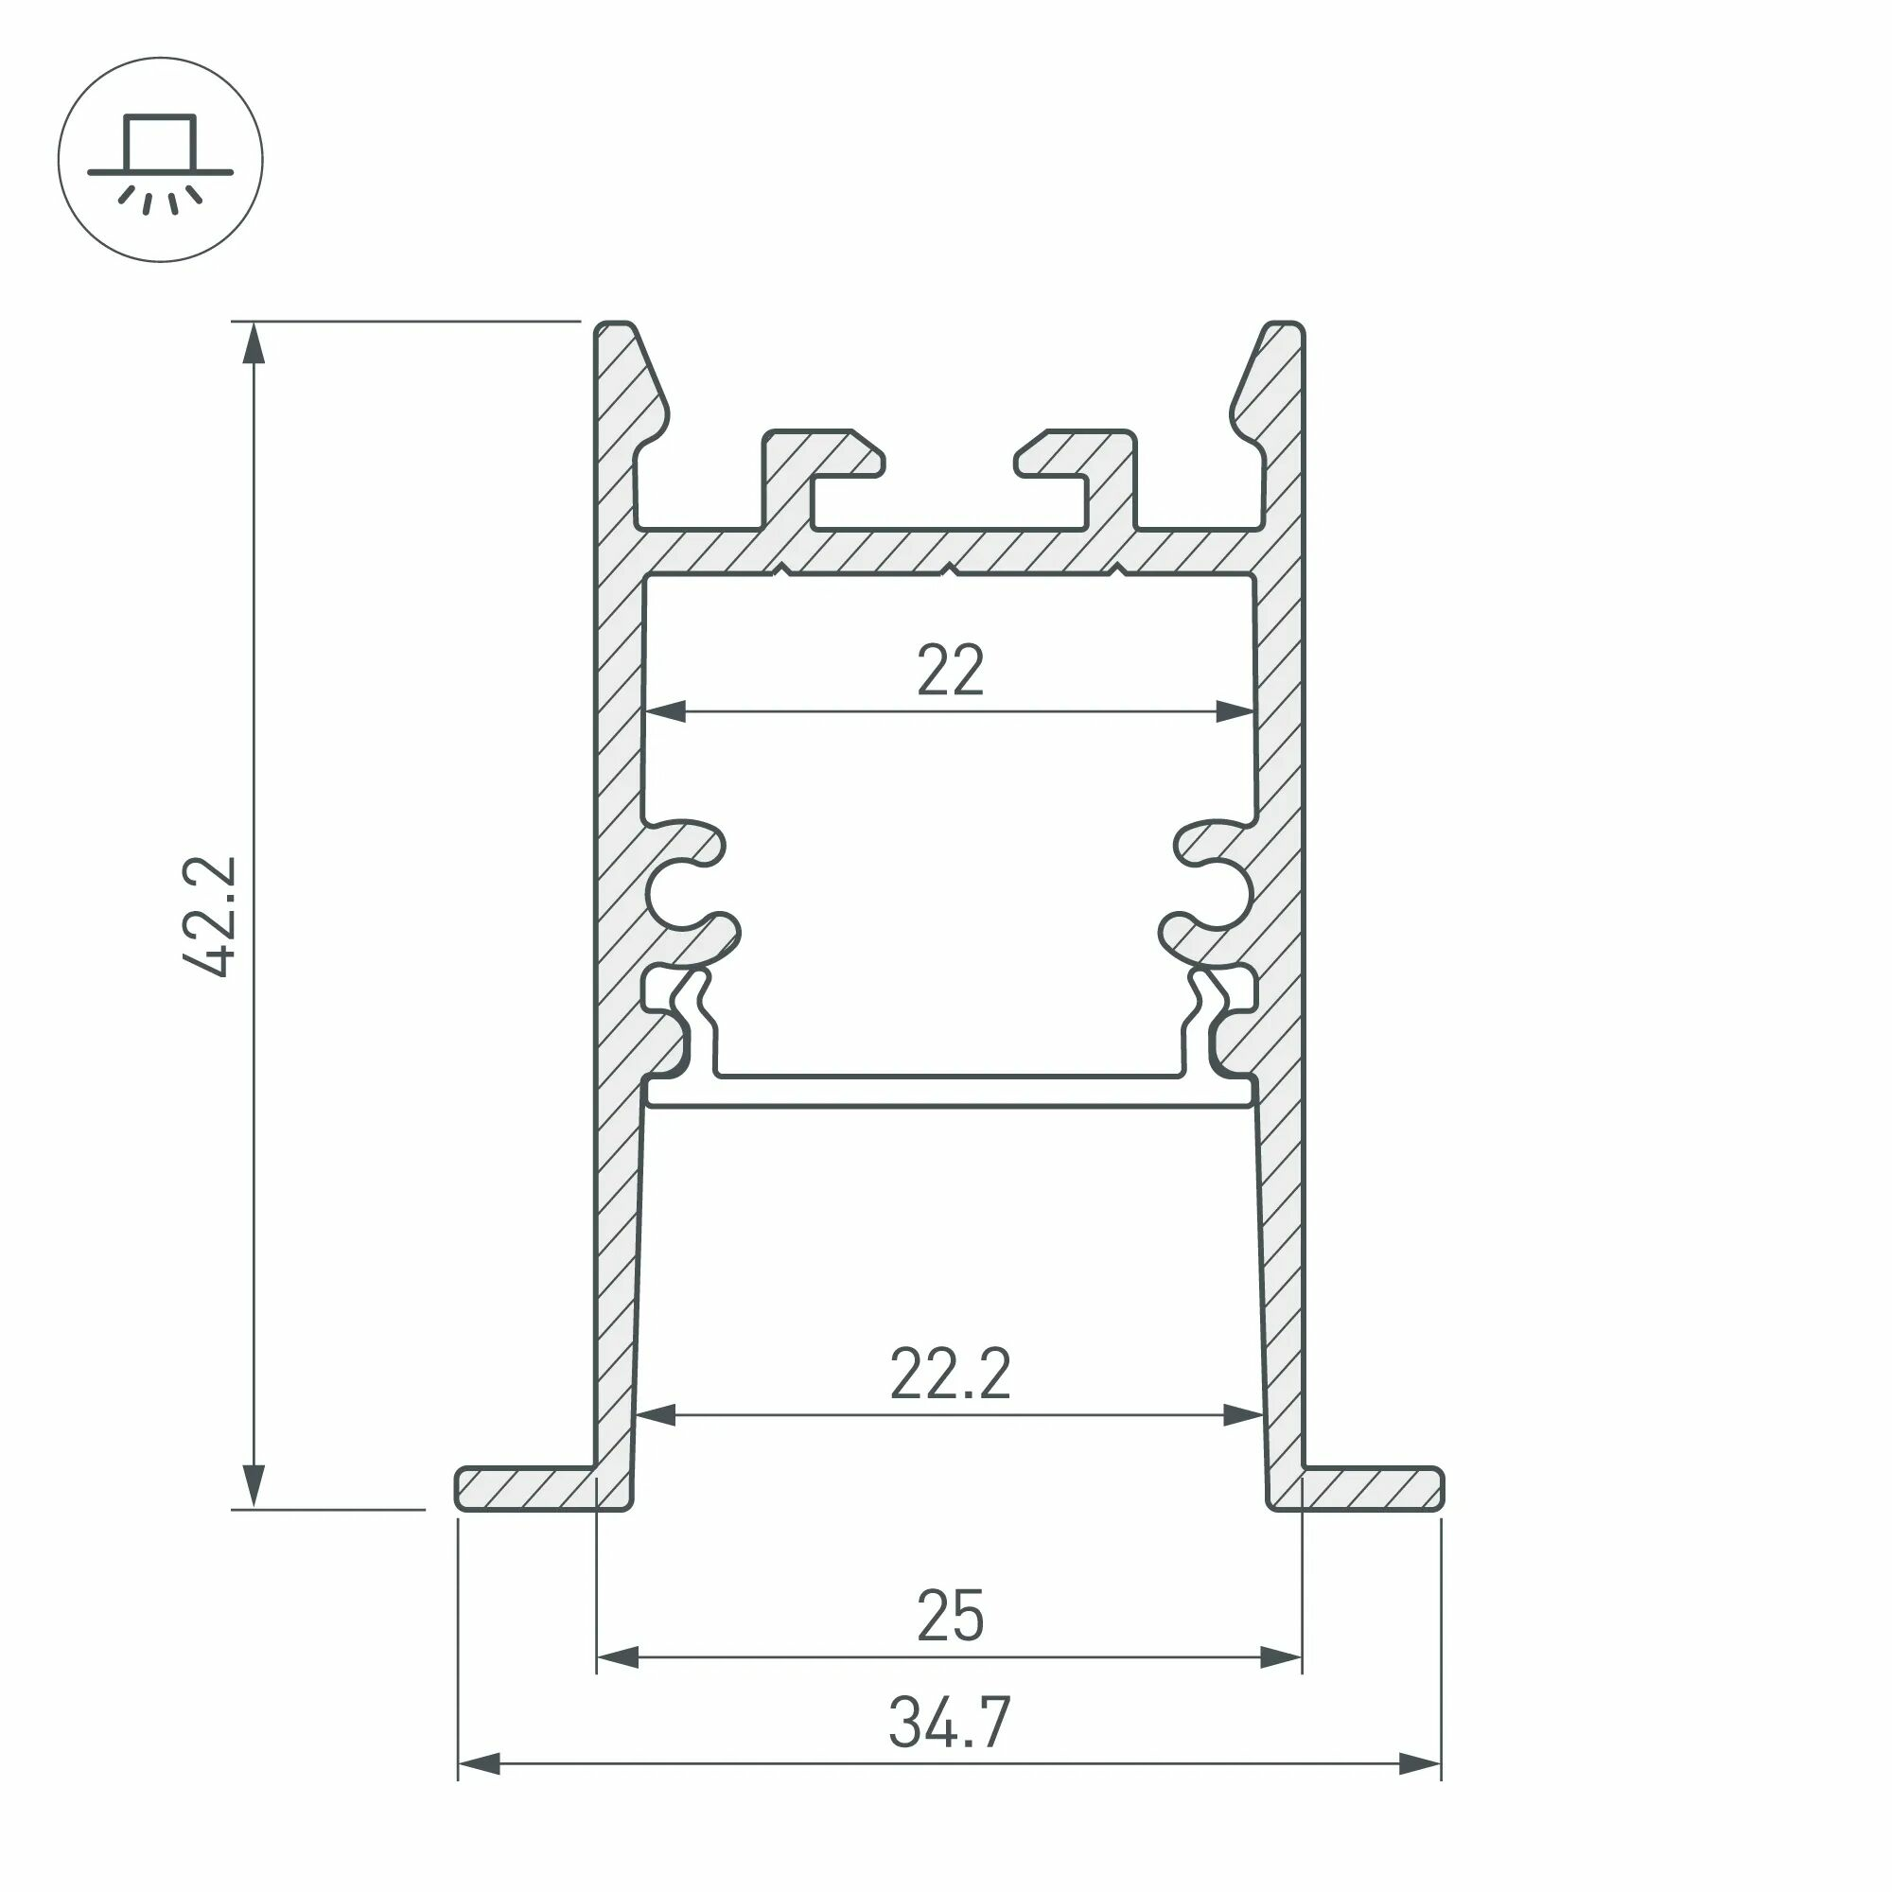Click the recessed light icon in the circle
click(160, 160)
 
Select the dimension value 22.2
click(950, 1374)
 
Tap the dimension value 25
click(950, 1616)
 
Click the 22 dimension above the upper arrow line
click(950, 671)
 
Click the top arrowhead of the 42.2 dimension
click(254, 342)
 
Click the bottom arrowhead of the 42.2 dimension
click(254, 1485)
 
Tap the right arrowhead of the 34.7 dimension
click(1420, 1764)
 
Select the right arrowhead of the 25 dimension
click(1281, 1658)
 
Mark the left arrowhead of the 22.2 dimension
click(657, 1415)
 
